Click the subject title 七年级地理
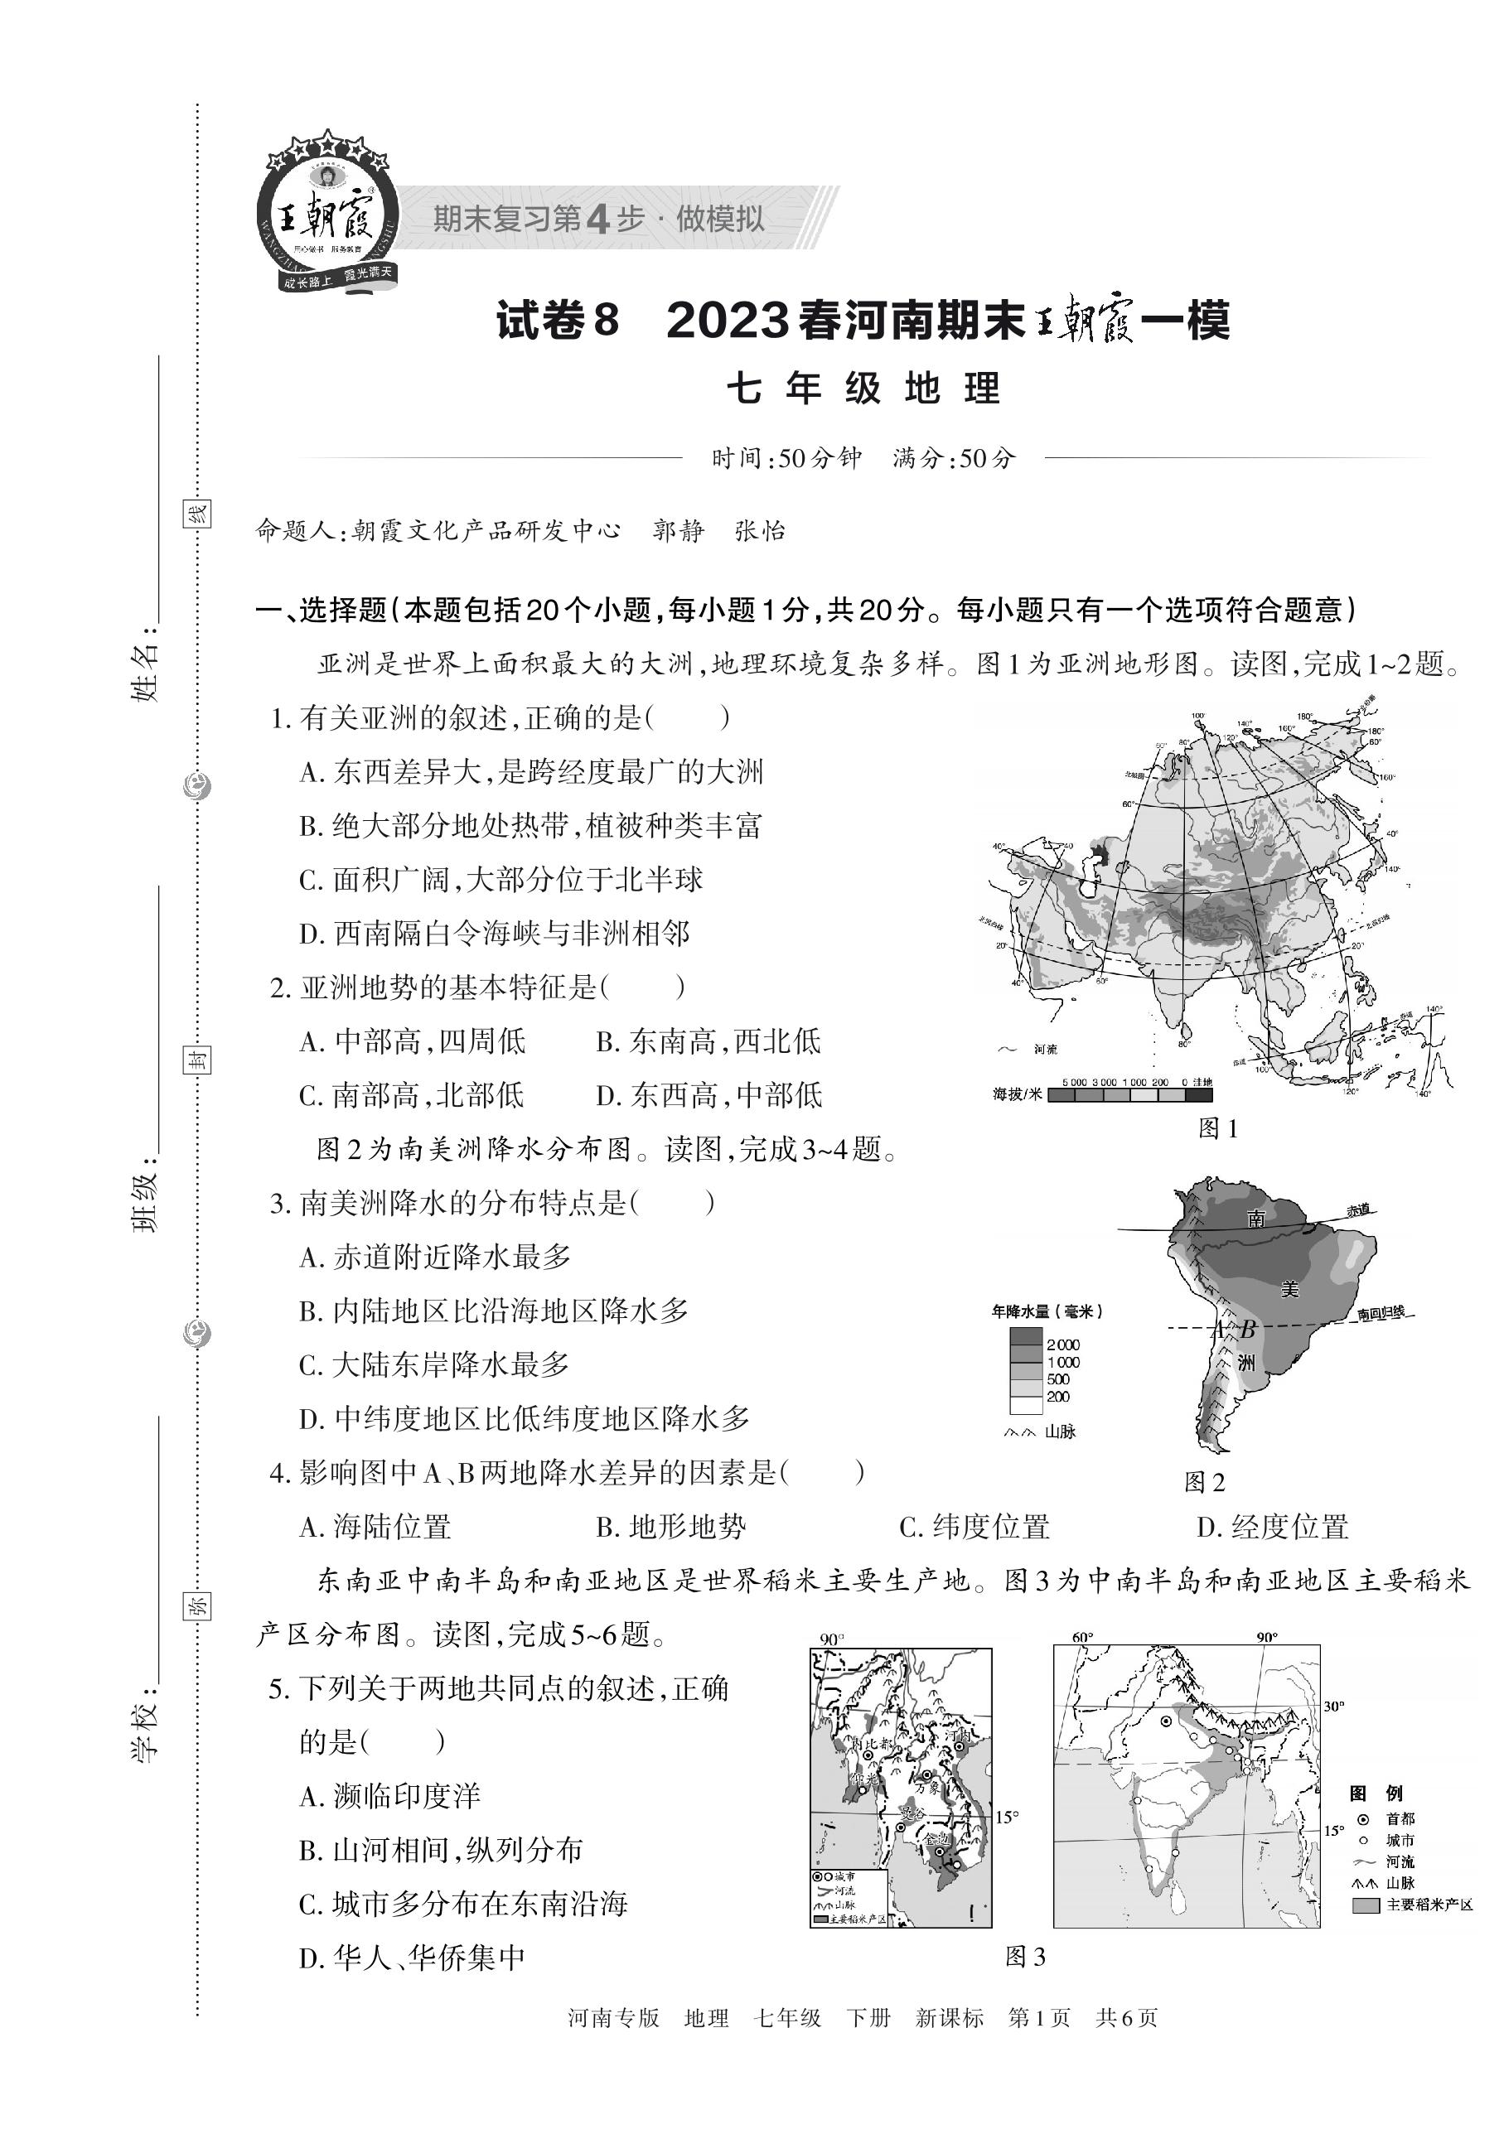(x=863, y=389)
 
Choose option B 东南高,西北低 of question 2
(x=708, y=1041)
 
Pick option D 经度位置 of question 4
(x=1272, y=1526)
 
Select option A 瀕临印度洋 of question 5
(x=390, y=1796)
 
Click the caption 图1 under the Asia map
(x=1217, y=1128)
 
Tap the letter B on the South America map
(x=1249, y=1329)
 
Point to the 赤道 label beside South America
(x=1358, y=1209)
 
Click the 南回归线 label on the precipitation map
(x=1381, y=1313)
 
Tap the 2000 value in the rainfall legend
(x=1062, y=1344)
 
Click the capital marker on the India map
(x=1166, y=1721)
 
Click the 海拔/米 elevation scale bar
(x=1129, y=1095)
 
